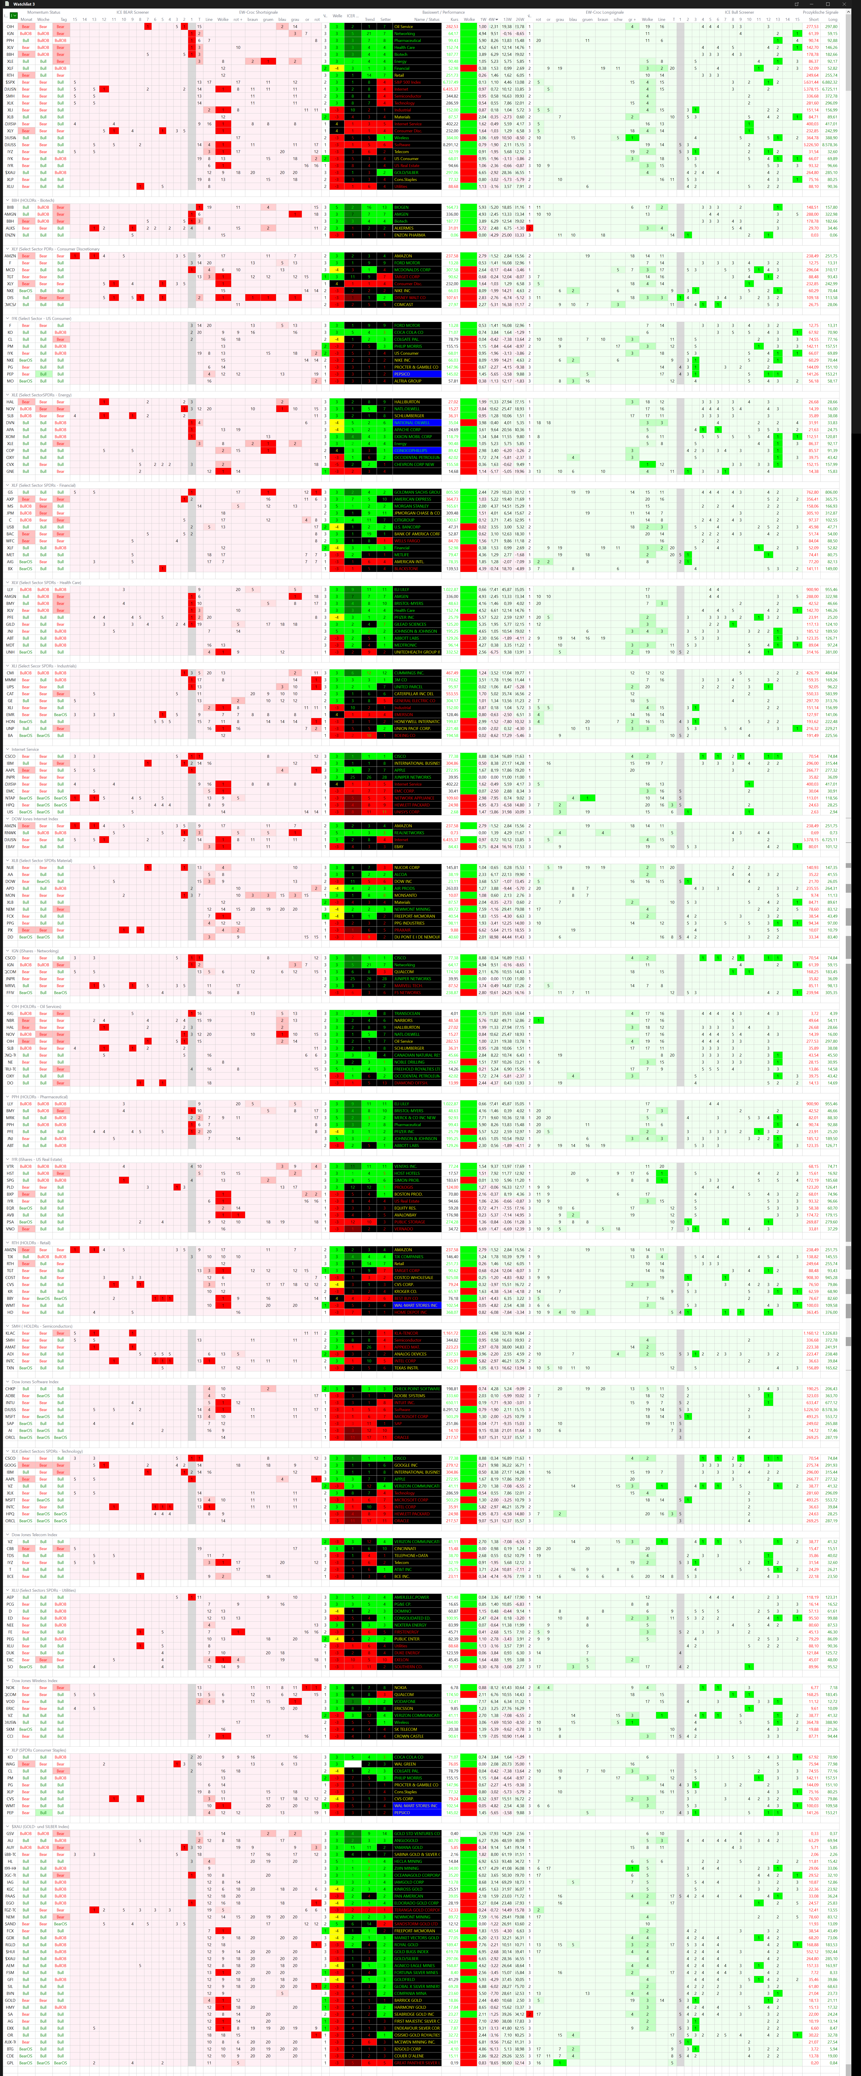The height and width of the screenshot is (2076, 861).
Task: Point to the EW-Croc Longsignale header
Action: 605,12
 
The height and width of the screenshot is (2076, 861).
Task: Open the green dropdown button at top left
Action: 13,15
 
